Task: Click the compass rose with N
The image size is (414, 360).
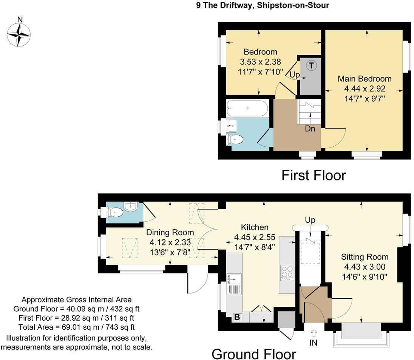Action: pos(19,34)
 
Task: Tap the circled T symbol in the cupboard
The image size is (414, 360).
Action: pos(311,65)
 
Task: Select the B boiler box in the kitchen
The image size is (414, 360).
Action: pos(237,317)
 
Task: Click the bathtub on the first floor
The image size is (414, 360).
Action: pos(247,108)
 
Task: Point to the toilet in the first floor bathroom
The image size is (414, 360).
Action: pos(235,140)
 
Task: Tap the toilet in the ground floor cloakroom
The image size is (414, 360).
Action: pos(115,213)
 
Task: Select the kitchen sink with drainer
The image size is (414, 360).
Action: pos(234,284)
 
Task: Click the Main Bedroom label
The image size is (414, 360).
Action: pos(365,79)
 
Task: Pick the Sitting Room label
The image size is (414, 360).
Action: pos(365,257)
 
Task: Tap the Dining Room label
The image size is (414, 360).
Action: pos(170,233)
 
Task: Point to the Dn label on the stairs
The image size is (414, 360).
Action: pos(310,129)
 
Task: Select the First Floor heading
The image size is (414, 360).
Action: pos(314,175)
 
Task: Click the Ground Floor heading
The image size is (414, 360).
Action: pos(253,354)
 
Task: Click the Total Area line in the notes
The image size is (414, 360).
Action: pos(77,327)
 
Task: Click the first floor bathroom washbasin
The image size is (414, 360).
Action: pos(232,124)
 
